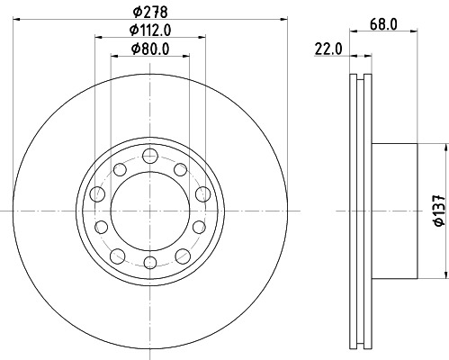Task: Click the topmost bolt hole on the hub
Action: tap(148, 159)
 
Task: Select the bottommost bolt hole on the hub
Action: tap(148, 262)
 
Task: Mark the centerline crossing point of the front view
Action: tap(148, 211)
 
